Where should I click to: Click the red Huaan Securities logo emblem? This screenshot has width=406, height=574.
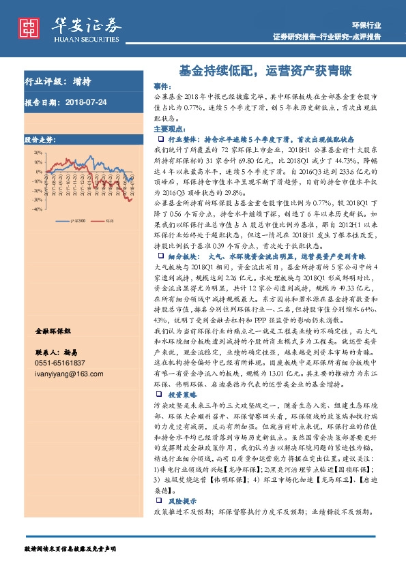[29, 27]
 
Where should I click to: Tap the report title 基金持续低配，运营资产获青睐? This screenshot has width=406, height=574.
[265, 70]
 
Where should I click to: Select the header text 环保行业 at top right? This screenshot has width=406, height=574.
[368, 24]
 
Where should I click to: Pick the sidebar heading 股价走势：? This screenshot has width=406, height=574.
[40, 139]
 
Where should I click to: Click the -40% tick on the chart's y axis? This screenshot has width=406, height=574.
[35, 210]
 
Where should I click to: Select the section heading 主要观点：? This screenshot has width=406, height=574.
[167, 129]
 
